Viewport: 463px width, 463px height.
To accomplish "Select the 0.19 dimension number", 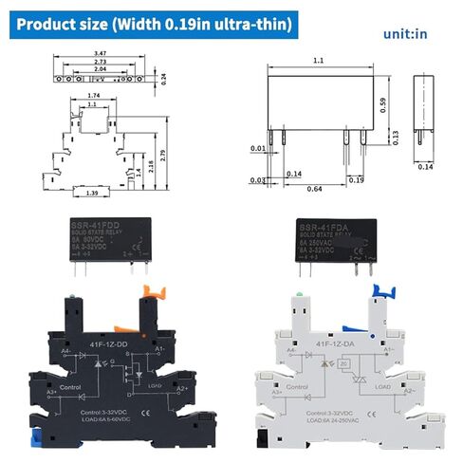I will point(355,178).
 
